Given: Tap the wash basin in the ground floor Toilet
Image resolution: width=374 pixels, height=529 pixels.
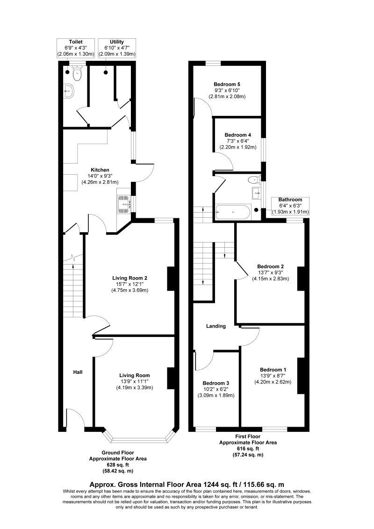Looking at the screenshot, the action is pos(69,91).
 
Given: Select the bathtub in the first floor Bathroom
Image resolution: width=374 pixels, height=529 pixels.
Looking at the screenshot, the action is pos(233,212).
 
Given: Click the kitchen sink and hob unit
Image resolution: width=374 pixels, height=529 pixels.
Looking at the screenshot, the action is pos(124,204).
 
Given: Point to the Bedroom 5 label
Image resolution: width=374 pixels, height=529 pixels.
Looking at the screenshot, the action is pos(227,84).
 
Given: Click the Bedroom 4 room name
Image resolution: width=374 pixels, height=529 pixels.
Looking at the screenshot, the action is pos(237,135).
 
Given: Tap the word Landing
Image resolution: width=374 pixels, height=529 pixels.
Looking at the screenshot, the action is pos(216,326).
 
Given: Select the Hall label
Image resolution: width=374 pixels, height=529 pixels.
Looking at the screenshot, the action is pos(78,372).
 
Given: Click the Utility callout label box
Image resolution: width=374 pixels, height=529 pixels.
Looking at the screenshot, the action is pos(117,48).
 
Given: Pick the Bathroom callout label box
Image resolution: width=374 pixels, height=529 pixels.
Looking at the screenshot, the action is pos(290,206).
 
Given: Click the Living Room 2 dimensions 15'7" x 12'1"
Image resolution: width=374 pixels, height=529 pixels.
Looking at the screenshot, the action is pos(129,284).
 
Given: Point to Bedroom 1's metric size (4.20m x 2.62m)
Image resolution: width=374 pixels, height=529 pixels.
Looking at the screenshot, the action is pos(273,382).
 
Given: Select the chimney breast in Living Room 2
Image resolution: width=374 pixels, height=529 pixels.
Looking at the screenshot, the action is pos(171,279).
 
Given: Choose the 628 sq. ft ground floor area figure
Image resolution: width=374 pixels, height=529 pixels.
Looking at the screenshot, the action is pos(118,465).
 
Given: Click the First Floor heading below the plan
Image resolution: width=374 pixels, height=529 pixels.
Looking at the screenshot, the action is pos(248,436).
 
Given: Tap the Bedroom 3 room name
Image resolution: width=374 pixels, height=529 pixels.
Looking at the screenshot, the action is pos(216,383).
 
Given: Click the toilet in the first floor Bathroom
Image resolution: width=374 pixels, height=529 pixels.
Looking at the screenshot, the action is pos(254,179).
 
